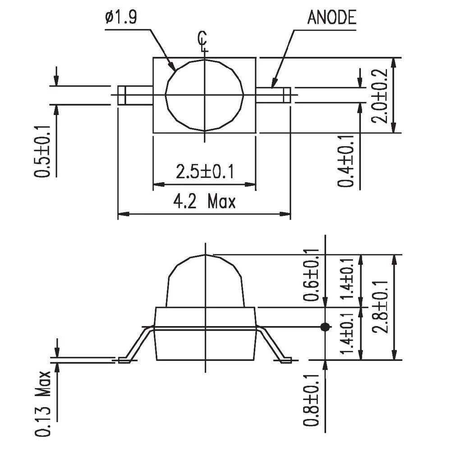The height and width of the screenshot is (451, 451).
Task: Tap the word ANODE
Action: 332,18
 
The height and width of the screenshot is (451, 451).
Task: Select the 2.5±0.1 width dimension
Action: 205,172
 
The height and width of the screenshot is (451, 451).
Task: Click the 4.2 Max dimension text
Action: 205,202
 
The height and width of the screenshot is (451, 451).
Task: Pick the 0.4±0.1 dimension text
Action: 346,161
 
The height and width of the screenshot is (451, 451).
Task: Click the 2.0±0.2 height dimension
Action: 379,96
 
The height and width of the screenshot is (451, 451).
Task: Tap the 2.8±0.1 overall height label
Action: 380,307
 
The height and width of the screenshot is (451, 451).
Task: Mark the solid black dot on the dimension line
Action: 324,327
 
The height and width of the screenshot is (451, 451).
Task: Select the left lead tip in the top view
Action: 121,95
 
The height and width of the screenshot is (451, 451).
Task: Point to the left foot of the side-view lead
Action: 124,360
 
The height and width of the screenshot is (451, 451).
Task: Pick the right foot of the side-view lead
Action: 286,360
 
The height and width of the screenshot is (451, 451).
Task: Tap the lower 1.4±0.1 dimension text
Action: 347,333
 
